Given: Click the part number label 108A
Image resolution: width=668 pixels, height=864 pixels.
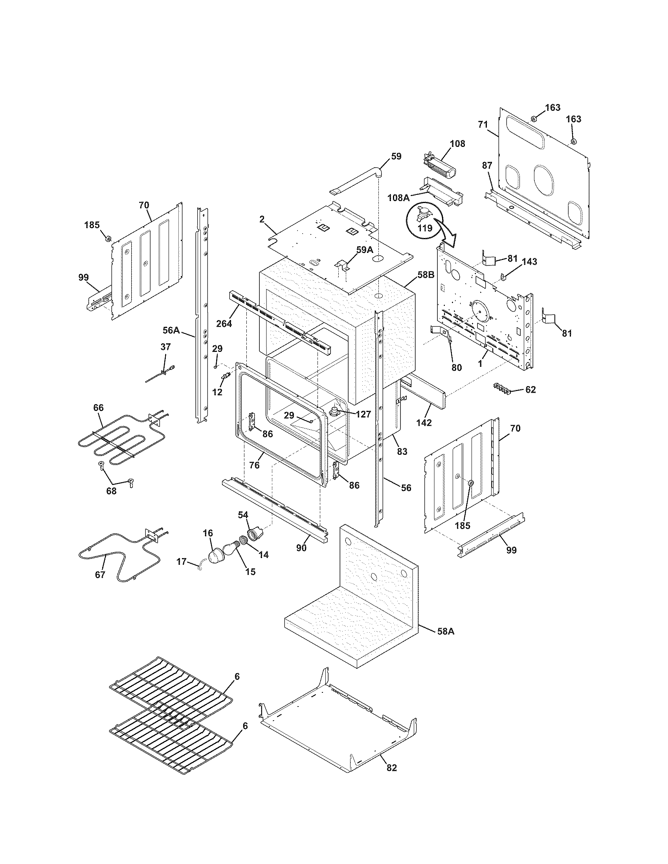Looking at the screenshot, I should click(398, 198).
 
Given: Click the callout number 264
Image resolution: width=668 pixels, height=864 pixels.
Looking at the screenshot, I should click(224, 323).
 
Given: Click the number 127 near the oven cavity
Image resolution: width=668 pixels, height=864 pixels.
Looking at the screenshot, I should click(363, 414).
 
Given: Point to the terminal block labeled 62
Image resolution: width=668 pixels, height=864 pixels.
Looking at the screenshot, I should click(502, 388).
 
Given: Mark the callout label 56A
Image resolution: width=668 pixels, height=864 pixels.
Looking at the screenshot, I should click(171, 330).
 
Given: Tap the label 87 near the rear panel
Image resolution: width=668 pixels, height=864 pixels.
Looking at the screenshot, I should click(487, 166).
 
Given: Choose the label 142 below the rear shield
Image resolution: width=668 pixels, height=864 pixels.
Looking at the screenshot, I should click(424, 422).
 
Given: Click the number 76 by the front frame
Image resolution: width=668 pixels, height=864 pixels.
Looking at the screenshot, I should click(255, 465).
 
